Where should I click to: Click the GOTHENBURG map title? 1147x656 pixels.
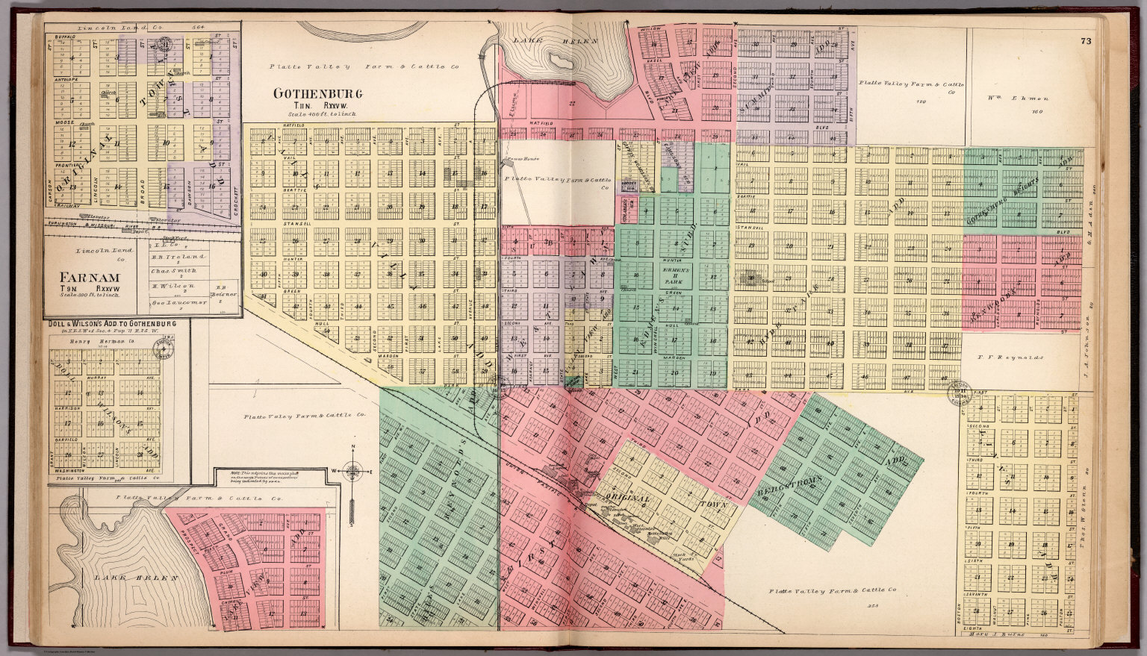pos(317,94)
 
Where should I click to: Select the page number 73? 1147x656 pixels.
pos(1085,42)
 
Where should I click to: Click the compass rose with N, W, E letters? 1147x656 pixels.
pos(354,471)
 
